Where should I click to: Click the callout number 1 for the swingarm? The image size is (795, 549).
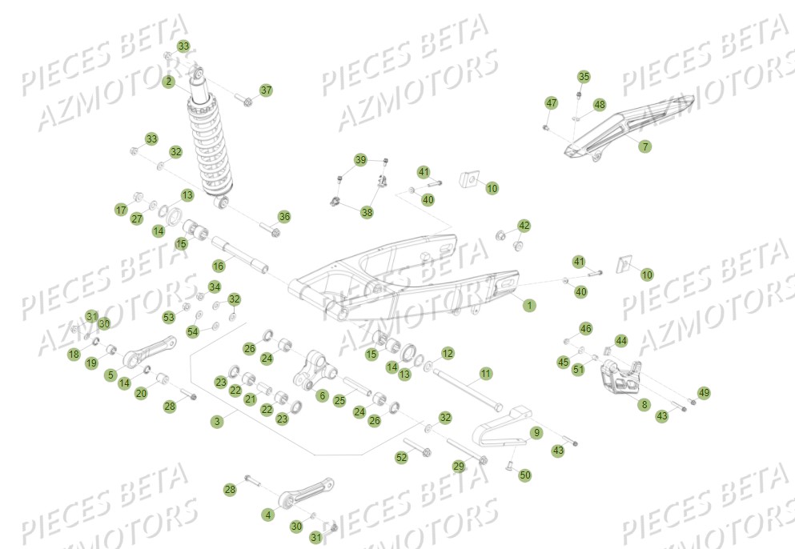(x=528, y=305)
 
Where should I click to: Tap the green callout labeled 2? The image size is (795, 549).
(x=169, y=82)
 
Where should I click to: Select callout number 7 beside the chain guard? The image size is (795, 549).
(x=645, y=146)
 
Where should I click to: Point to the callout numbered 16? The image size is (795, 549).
(x=218, y=265)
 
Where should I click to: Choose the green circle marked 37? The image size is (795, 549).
(x=266, y=90)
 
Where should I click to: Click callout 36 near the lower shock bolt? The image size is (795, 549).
(x=284, y=217)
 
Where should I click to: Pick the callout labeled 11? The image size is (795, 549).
(x=485, y=374)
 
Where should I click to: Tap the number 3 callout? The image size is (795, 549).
(x=216, y=421)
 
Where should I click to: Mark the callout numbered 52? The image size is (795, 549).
(x=402, y=457)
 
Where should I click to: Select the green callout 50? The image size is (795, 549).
(x=525, y=475)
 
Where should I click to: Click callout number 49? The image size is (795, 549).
(x=704, y=393)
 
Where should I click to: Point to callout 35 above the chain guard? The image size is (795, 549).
(x=584, y=77)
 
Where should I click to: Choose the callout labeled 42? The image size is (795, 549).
(x=524, y=226)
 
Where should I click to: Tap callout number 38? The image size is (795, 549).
(x=367, y=212)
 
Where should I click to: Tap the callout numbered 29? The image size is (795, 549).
(x=459, y=466)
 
